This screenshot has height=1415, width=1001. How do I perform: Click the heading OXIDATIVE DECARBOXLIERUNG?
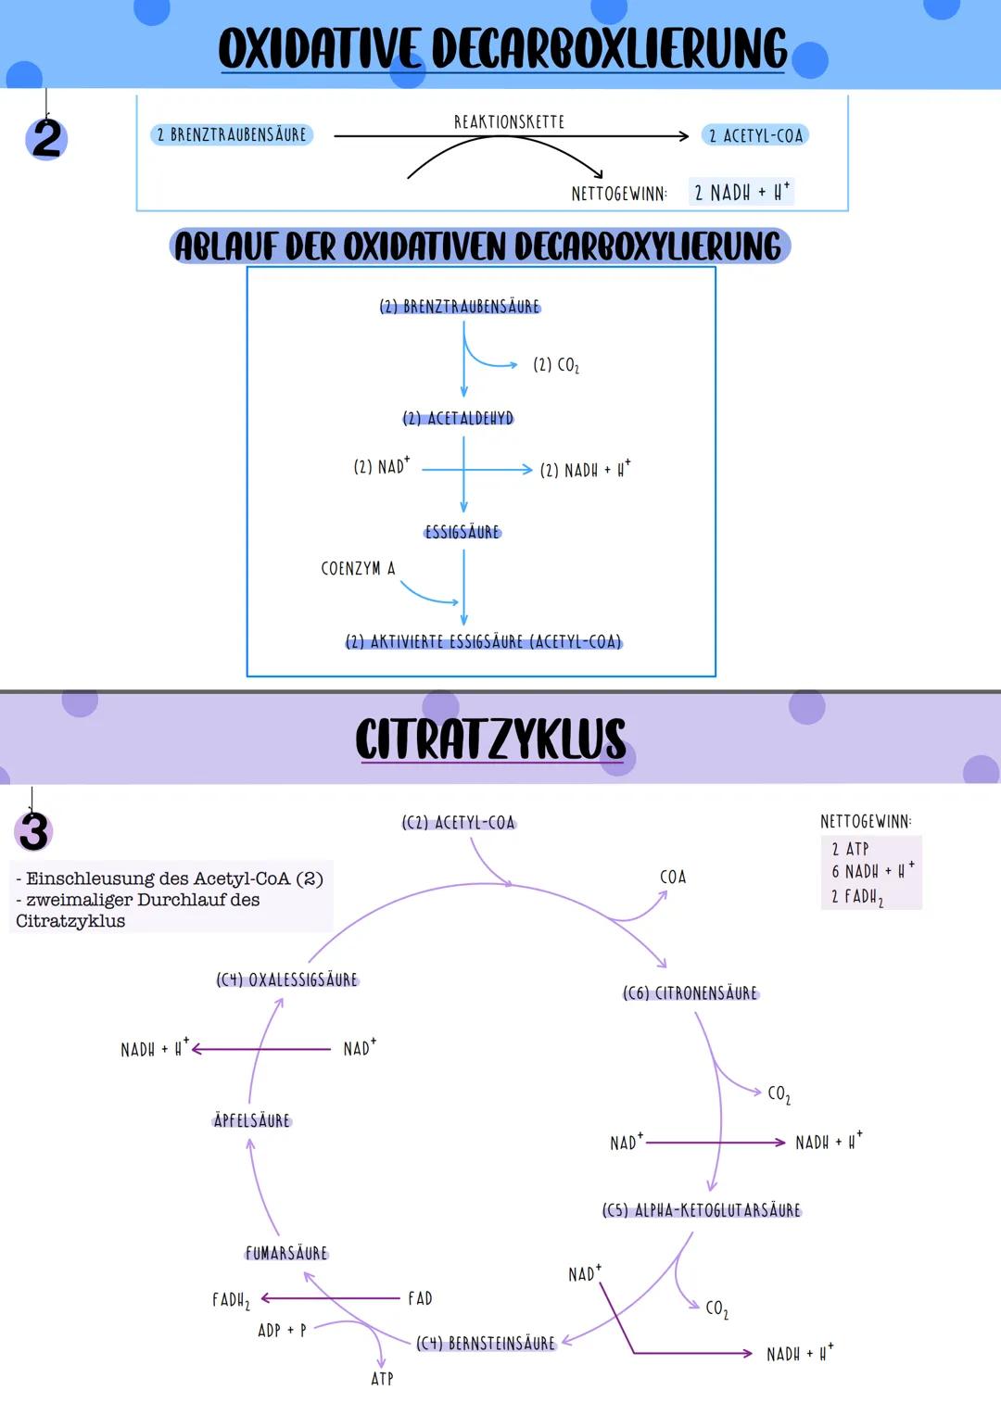coord(501,48)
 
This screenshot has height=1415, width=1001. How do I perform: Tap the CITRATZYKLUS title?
coord(490,739)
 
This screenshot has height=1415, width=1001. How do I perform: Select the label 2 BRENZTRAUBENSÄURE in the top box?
coord(232,135)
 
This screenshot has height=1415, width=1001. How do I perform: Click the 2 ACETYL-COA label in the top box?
coord(755,135)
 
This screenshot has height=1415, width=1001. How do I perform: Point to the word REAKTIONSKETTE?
coord(509,122)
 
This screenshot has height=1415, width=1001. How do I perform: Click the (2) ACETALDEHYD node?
coord(459,419)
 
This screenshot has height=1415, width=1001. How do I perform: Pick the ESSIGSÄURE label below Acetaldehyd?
coord(462,532)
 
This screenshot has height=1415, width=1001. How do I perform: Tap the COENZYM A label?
coord(358,569)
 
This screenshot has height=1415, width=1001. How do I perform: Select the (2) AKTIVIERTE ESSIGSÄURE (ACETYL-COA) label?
coord(483,642)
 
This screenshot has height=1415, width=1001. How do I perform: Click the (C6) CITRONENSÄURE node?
coord(691,993)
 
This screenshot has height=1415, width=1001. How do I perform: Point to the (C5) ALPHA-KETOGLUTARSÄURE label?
coord(702,1210)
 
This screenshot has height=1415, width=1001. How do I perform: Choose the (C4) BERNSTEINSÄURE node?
coord(486,1343)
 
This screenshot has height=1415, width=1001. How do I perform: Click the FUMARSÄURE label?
coord(286,1253)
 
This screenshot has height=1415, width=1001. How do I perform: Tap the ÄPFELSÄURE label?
coord(252,1120)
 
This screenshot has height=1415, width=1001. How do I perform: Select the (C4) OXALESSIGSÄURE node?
coord(287,979)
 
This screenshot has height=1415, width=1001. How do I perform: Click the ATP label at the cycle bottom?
coord(382,1379)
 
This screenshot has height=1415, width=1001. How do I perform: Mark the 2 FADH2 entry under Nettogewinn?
coord(857,897)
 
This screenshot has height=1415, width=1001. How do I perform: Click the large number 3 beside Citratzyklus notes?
coord(34,831)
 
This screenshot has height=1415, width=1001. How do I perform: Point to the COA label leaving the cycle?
coord(673,877)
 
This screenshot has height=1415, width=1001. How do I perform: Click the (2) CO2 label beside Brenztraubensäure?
coord(556,365)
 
